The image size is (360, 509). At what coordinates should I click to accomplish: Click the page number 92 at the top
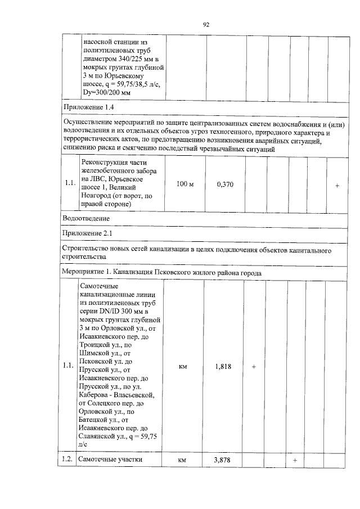pyautogui.click(x=206, y=25)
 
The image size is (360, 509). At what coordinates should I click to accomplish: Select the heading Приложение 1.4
pyautogui.click(x=89, y=107)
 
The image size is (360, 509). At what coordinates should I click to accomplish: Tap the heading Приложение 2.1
pyautogui.click(x=89, y=233)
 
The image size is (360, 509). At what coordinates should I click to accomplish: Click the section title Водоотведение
pyautogui.click(x=87, y=218)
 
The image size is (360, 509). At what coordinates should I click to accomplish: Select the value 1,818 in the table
pyautogui.click(x=225, y=366)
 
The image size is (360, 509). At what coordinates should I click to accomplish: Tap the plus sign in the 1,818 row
pyautogui.click(x=254, y=367)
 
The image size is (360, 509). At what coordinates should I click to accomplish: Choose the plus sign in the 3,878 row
pyautogui.click(x=295, y=461)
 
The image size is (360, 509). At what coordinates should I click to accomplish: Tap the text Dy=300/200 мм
pyautogui.click(x=107, y=92)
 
